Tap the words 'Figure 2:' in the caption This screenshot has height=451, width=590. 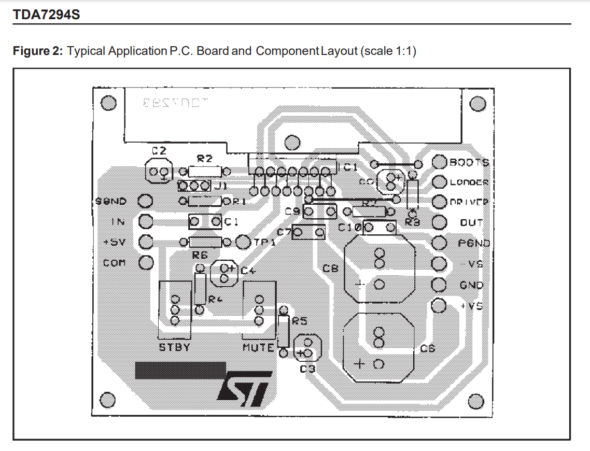(x=38, y=51)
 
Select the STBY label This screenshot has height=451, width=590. (x=174, y=347)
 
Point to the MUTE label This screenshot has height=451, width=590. (x=258, y=347)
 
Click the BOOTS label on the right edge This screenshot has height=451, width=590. (x=469, y=162)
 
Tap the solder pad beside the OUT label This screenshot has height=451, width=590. (x=439, y=222)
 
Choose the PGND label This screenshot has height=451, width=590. (x=473, y=243)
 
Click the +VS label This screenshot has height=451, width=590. (x=471, y=306)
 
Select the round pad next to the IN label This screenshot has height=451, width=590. (x=146, y=221)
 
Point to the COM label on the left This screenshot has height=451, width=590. (x=114, y=263)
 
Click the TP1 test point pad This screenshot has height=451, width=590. (x=243, y=242)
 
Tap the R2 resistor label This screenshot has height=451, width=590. (x=204, y=159)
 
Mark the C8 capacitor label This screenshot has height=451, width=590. (x=330, y=269)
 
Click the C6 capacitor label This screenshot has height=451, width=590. (x=427, y=349)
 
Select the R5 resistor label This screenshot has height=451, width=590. (x=300, y=321)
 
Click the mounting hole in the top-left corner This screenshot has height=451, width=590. (x=108, y=103)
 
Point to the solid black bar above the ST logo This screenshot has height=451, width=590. (x=180, y=370)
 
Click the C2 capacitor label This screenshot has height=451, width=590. (x=159, y=151)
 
